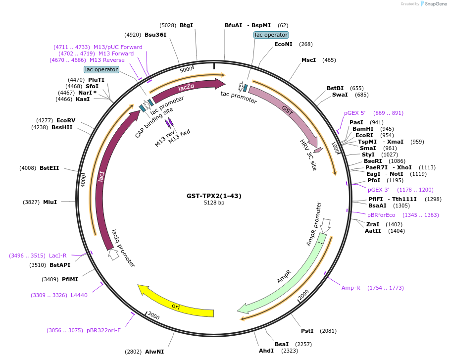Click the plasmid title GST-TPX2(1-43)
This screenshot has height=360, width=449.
[214, 196]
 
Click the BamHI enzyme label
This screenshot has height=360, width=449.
[362, 129]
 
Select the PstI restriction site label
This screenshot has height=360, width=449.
[307, 331]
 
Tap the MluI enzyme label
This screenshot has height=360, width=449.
[50, 202]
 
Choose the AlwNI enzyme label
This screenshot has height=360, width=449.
[154, 352]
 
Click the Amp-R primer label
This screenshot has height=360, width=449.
[351, 288]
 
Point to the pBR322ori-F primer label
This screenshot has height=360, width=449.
[103, 330]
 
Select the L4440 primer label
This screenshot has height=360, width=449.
[79, 295]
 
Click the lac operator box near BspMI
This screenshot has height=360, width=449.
[271, 35]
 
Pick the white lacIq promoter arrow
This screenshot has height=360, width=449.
[113, 255]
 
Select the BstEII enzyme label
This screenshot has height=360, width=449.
[50, 168]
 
